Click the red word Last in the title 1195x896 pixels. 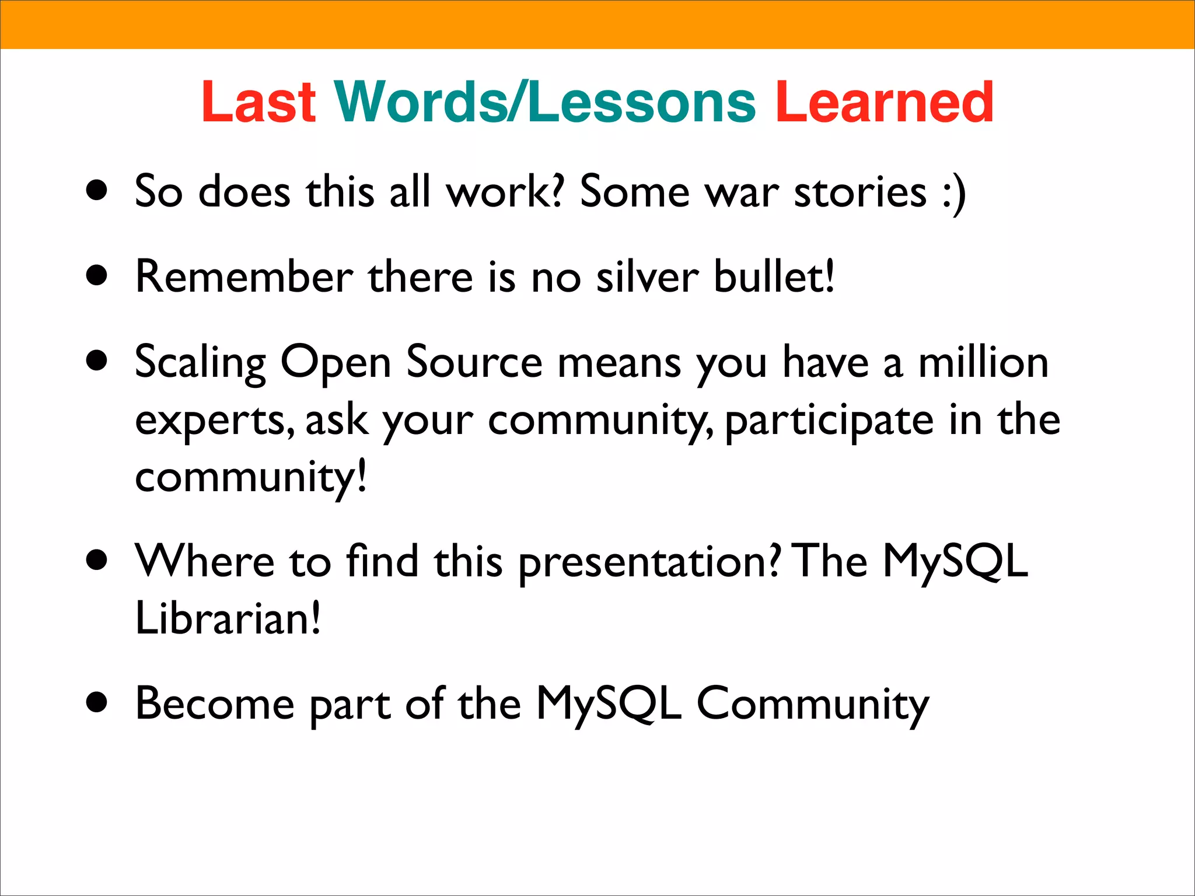click(258, 102)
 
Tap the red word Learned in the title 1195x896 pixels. click(884, 102)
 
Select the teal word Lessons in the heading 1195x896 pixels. click(642, 102)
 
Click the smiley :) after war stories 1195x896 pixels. click(953, 192)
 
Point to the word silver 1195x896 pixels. click(647, 276)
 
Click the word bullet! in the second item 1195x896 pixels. click(774, 276)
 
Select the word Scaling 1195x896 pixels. click(200, 363)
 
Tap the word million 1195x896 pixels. click(983, 363)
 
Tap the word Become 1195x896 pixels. click(215, 703)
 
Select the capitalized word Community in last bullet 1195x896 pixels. click(812, 705)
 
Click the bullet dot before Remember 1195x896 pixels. click(97, 275)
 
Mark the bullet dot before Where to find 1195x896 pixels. click(97, 560)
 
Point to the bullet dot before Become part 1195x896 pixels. click(97, 702)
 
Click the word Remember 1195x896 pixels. click(244, 276)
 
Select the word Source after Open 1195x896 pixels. click(474, 363)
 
